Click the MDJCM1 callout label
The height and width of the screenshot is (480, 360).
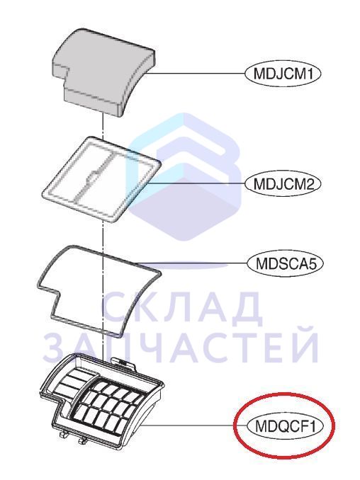(x=283, y=74)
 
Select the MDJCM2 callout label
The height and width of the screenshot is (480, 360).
(x=283, y=184)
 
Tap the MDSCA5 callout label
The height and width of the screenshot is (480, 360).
(x=286, y=263)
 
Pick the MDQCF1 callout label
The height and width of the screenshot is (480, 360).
(x=286, y=426)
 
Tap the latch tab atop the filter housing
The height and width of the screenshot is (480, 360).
(x=124, y=362)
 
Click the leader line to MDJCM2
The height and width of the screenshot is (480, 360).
(x=196, y=183)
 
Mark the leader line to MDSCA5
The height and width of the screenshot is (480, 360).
(x=193, y=263)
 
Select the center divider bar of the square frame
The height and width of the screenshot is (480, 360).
(x=93, y=176)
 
